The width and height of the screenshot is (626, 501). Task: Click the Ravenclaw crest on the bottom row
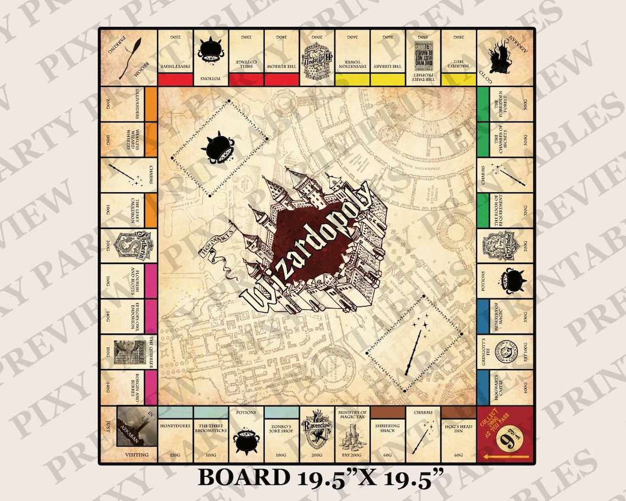(x=317, y=432)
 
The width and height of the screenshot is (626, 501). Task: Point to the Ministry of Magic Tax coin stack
(x=352, y=439)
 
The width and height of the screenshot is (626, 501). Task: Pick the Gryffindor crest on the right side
(x=500, y=246)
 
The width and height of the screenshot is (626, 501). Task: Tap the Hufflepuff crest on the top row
(x=317, y=56)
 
